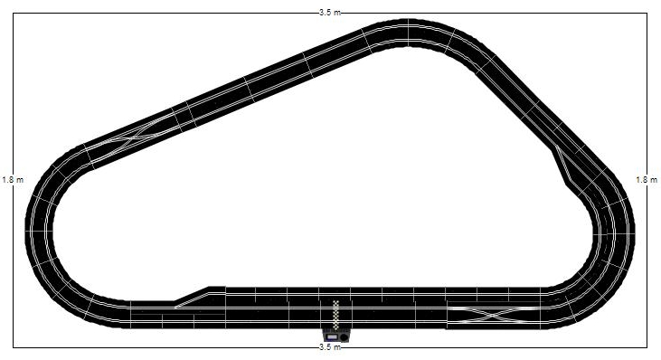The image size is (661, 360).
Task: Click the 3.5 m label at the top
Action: (x=330, y=13)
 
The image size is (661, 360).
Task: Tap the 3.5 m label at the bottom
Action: (x=330, y=347)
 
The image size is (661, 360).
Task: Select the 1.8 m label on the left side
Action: (x=13, y=180)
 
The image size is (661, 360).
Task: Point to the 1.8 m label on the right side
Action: (x=647, y=180)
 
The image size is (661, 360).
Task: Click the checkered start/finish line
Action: (x=336, y=315)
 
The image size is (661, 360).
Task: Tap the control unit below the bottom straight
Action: (x=336, y=336)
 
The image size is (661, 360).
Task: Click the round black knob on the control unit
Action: (x=344, y=337)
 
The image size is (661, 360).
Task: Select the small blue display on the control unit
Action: (x=332, y=337)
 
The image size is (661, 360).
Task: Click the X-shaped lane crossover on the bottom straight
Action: (x=493, y=315)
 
